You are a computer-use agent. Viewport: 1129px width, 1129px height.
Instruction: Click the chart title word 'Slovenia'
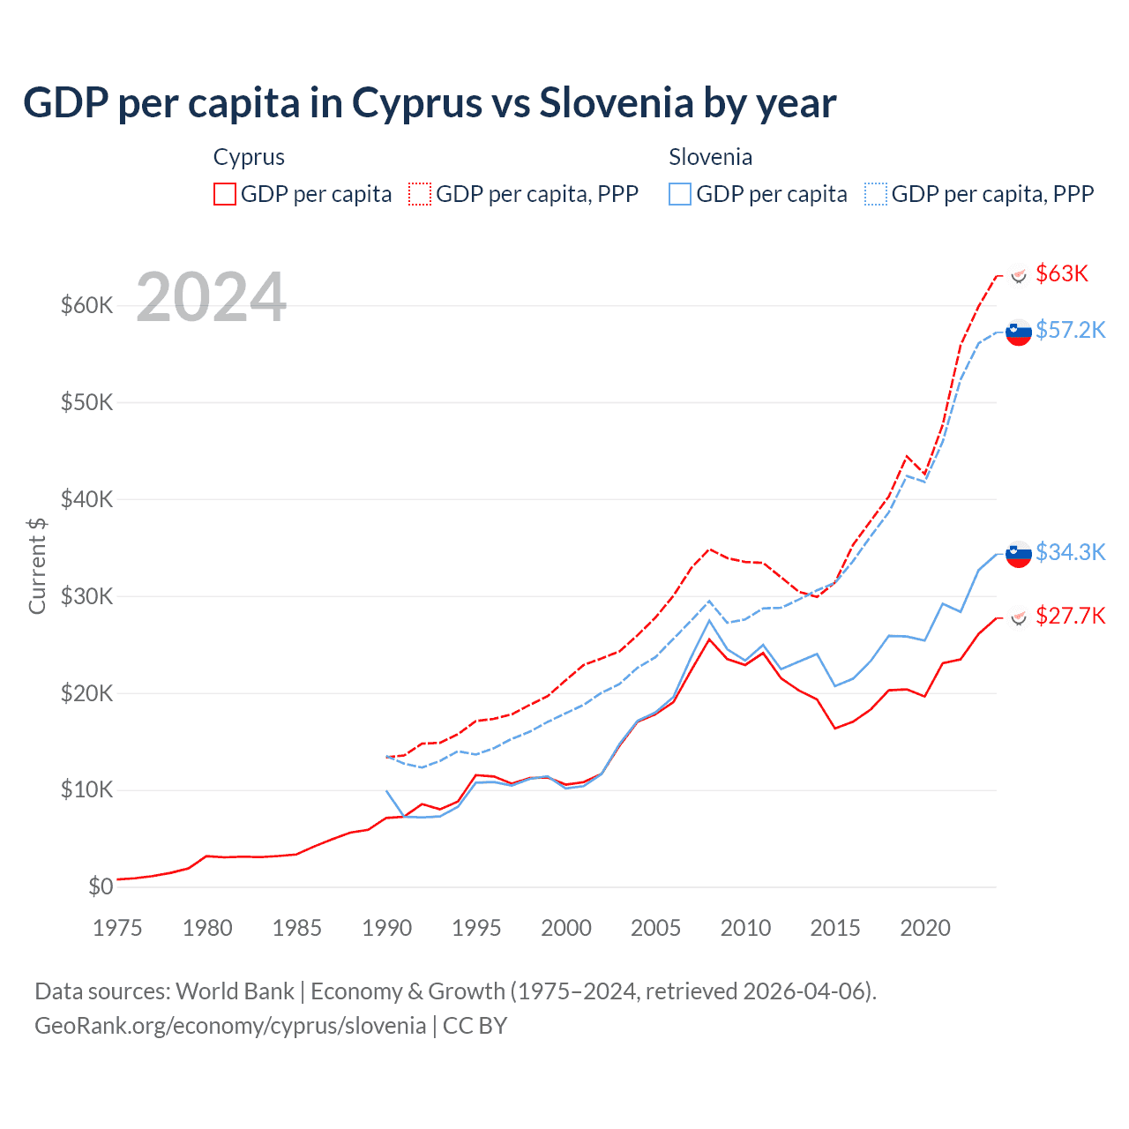pyautogui.click(x=616, y=103)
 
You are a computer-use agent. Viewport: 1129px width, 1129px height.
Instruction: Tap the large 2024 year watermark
pyautogui.click(x=212, y=297)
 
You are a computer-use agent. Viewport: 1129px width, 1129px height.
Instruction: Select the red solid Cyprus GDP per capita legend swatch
pyautogui.click(x=225, y=194)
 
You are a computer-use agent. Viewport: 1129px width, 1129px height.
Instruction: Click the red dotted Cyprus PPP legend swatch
pyautogui.click(x=420, y=194)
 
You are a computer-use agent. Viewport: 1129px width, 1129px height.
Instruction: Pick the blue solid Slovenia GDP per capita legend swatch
pyautogui.click(x=680, y=194)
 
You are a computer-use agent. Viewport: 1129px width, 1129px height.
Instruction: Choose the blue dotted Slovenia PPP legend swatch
pyautogui.click(x=876, y=194)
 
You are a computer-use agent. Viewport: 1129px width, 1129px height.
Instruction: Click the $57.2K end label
pyautogui.click(x=1070, y=330)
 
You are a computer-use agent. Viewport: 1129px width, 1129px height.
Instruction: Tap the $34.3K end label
pyautogui.click(x=1070, y=552)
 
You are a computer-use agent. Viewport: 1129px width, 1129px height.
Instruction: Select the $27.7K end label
pyautogui.click(x=1070, y=616)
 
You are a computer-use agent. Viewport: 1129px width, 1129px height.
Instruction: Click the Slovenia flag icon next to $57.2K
pyautogui.click(x=1019, y=333)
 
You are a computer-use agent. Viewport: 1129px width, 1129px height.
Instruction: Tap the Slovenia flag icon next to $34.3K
pyautogui.click(x=1019, y=554)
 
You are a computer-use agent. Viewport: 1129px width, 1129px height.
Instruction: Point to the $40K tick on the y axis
pyautogui.click(x=86, y=499)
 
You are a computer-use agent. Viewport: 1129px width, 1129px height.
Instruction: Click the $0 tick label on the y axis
pyautogui.click(x=101, y=886)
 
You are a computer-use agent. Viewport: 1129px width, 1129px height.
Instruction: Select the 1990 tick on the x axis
pyautogui.click(x=386, y=928)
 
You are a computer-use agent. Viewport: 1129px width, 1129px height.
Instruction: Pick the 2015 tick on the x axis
pyautogui.click(x=835, y=928)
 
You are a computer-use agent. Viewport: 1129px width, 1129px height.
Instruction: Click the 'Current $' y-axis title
pyautogui.click(x=37, y=566)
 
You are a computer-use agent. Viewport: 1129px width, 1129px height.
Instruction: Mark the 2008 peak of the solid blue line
pyautogui.click(x=710, y=621)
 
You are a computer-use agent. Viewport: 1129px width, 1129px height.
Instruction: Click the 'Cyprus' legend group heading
pyautogui.click(x=249, y=157)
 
